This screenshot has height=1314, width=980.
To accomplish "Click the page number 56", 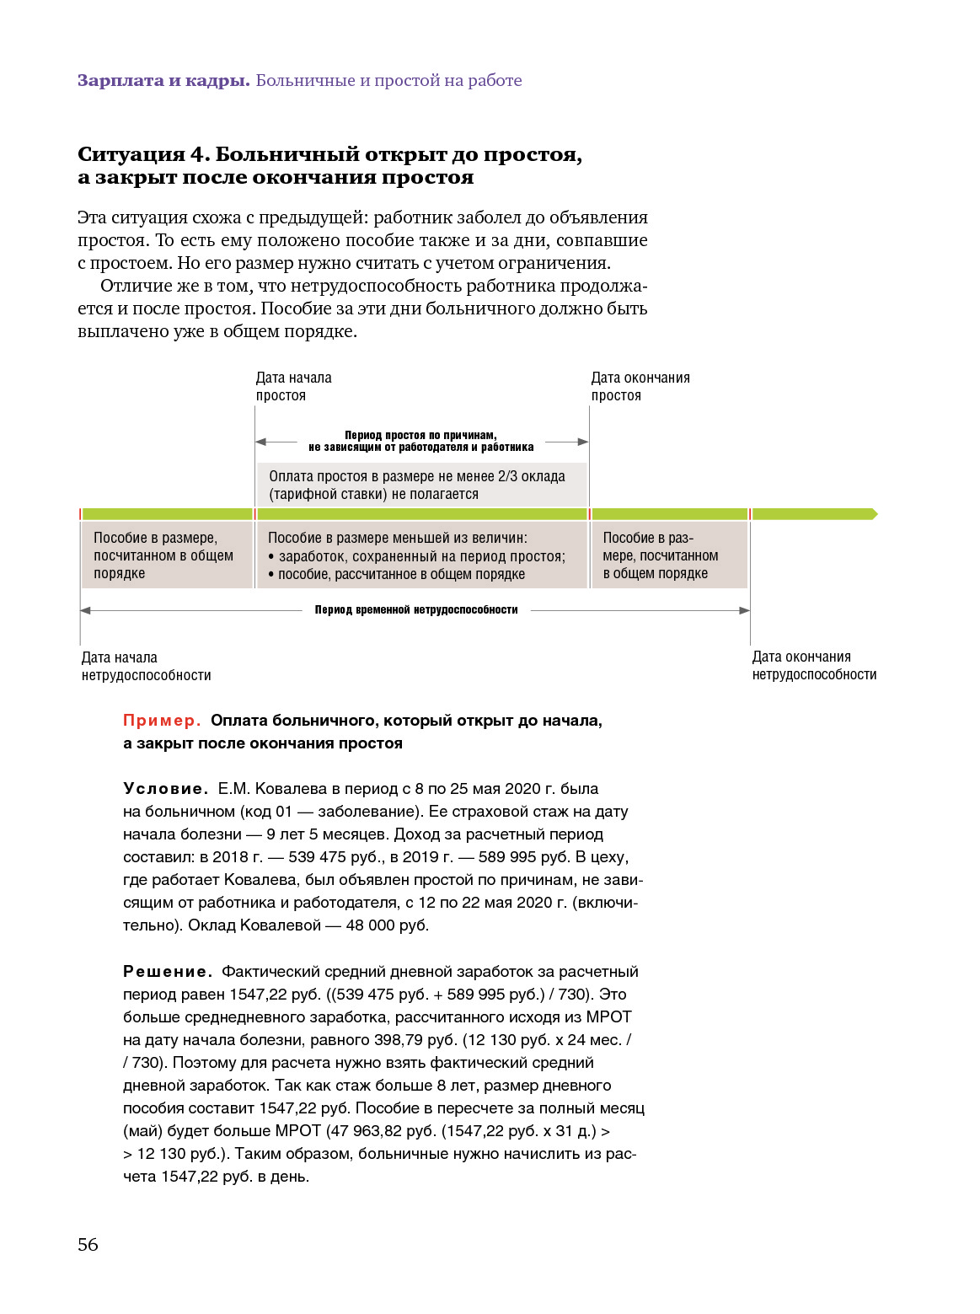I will point(88,1245).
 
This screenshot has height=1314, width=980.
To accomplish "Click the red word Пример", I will point(162,721).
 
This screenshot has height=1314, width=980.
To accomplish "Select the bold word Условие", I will point(165,789).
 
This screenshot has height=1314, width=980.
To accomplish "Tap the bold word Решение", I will point(167,972).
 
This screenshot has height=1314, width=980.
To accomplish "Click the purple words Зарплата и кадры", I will point(163,81).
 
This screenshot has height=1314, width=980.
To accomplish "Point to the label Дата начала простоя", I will point(293,387).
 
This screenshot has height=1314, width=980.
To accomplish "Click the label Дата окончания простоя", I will point(640,387).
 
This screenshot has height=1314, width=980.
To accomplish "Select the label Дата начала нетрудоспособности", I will point(146,667).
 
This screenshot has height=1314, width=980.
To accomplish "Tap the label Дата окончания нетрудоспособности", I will point(814,666).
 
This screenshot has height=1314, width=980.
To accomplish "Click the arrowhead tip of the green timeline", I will point(876,514).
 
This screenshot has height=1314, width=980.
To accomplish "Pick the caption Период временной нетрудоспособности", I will point(416,610).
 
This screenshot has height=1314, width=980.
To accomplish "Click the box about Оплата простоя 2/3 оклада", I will point(421,485).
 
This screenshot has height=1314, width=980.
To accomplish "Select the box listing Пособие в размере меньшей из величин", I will point(421,555).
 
